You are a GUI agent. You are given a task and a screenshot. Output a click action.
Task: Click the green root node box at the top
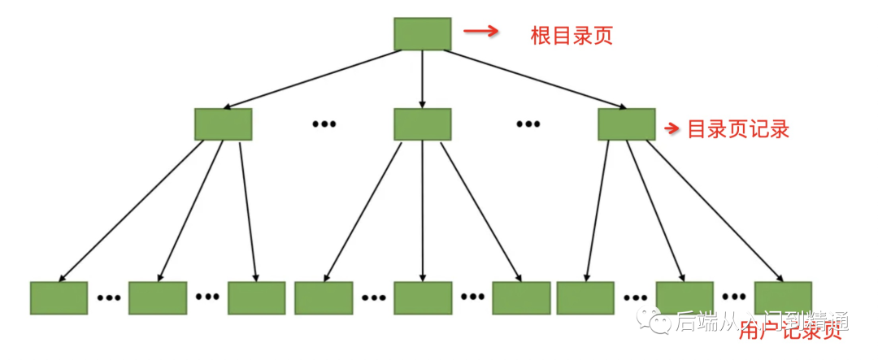click(422, 33)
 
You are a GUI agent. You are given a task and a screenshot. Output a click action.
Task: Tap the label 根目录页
click(571, 36)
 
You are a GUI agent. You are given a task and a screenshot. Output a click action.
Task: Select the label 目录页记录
click(738, 129)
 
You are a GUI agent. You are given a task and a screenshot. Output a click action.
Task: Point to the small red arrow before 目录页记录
click(672, 128)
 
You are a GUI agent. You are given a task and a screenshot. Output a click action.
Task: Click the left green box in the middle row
click(223, 124)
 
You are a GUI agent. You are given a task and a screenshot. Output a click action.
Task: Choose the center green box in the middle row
click(422, 124)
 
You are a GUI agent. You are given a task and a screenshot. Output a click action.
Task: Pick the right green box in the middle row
click(626, 124)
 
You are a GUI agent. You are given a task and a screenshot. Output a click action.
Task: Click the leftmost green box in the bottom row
click(59, 298)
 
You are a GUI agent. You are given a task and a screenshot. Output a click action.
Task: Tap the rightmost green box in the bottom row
click(782, 298)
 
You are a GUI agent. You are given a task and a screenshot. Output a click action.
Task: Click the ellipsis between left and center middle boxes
click(324, 124)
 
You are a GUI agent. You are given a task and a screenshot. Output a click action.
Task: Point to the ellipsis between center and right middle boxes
click(528, 124)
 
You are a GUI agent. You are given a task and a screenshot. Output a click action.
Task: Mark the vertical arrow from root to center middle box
click(422, 79)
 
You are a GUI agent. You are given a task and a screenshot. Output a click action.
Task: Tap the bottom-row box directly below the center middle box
click(422, 298)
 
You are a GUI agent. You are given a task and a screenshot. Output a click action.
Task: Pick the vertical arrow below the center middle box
click(422, 211)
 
